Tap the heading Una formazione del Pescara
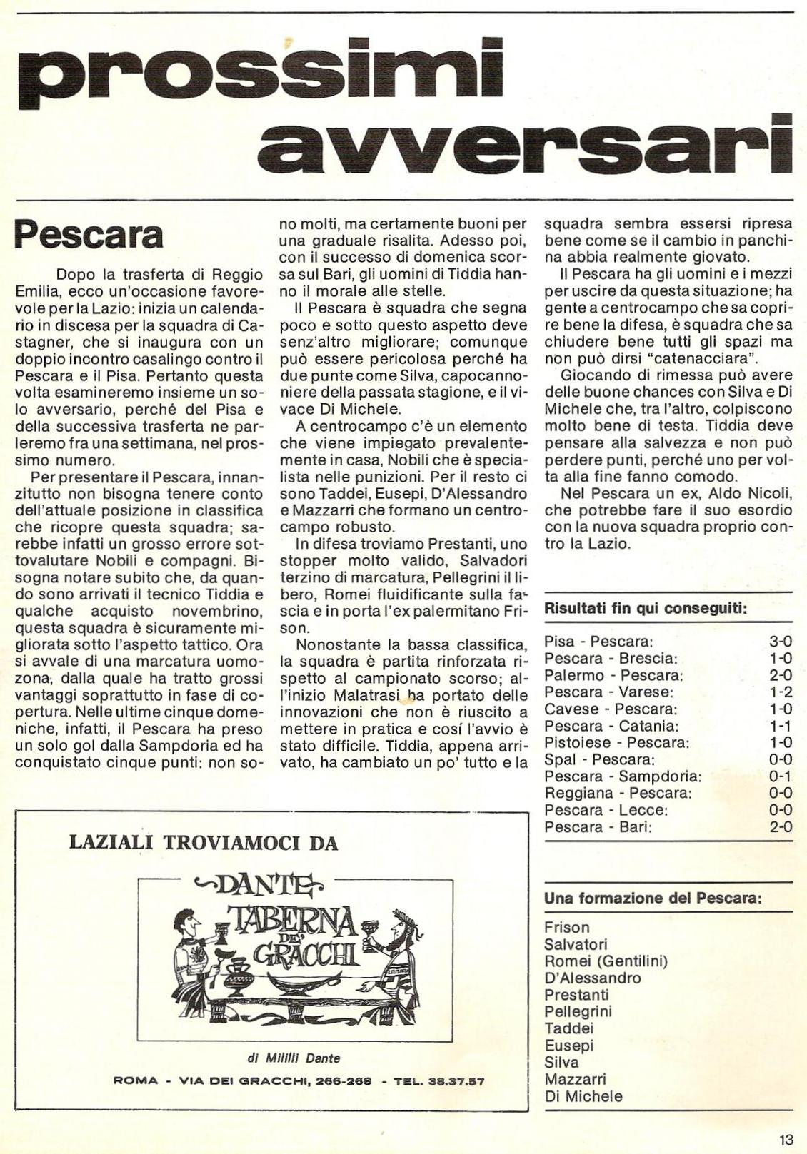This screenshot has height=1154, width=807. pos(653,899)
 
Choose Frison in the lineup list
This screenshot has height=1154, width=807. pos(567,928)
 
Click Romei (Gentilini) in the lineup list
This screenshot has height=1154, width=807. pos(606,961)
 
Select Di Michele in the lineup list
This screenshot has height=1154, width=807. pos(583,1096)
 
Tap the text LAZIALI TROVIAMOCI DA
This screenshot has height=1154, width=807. pos(203,844)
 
